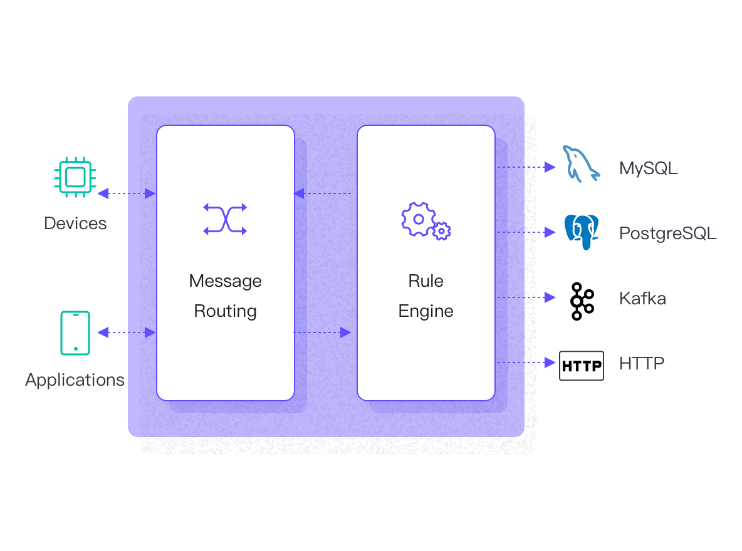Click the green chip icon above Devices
pos(75,178)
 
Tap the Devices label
pos(75,224)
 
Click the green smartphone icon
pos(75,333)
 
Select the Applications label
pos(75,380)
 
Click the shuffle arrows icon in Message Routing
pos(225,219)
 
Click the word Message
pos(225,281)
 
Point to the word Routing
pos(225,311)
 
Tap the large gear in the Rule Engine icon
pos(417,219)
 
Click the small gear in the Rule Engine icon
pos(442,231)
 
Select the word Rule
pos(426,281)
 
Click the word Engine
pos(426,311)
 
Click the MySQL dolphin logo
pos(580,164)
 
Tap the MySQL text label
pos(648,168)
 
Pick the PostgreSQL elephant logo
pos(582,232)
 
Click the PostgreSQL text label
pos(667,234)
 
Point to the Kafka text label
pos(642,298)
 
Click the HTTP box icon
pos(582,366)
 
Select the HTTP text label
pos(642,363)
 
